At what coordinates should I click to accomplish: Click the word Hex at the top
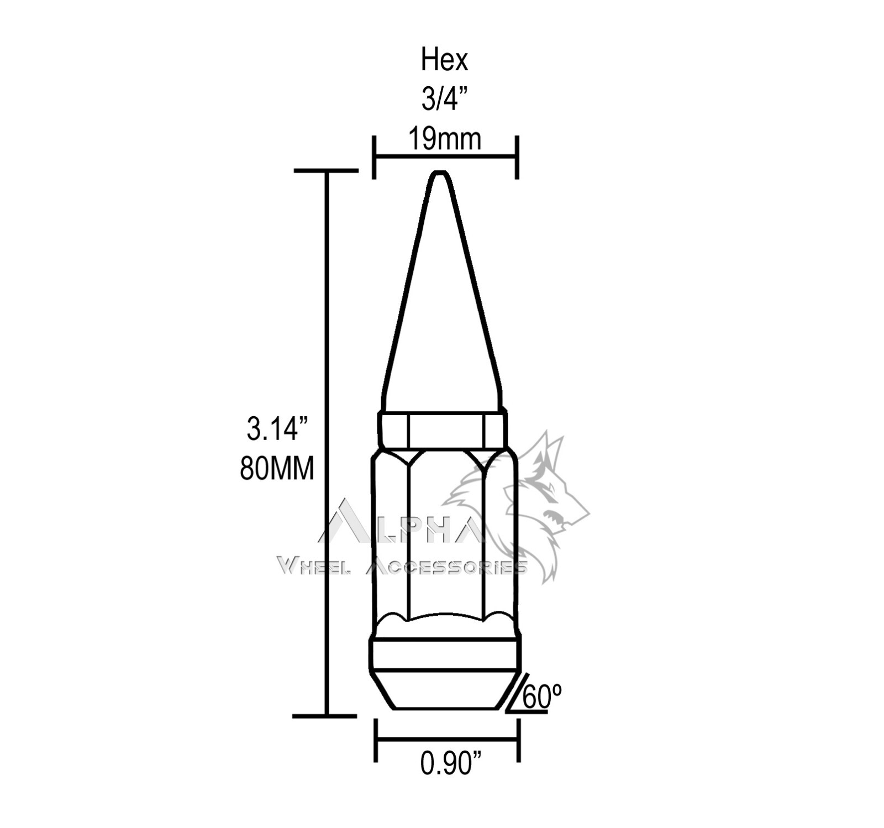[x=444, y=60]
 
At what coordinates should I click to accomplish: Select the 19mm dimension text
[x=445, y=139]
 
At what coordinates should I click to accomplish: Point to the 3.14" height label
[x=276, y=429]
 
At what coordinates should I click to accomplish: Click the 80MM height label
[x=277, y=469]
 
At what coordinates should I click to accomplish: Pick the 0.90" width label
[x=450, y=764]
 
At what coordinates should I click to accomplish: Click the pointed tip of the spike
[x=440, y=173]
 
